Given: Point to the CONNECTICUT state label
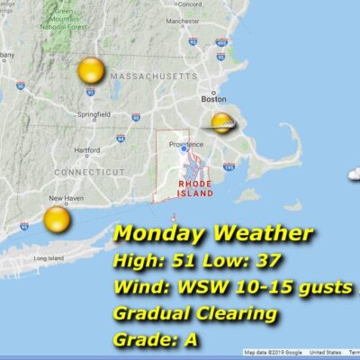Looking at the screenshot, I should pyautogui.click(x=89, y=171).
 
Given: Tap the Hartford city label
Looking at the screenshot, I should pyautogui.click(x=87, y=149).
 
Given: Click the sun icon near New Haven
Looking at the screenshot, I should pyautogui.click(x=57, y=219).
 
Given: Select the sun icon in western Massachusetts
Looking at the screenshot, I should pyautogui.click(x=91, y=69).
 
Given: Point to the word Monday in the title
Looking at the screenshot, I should pyautogui.click(x=158, y=235).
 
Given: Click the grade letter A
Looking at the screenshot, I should pyautogui.click(x=192, y=340).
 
